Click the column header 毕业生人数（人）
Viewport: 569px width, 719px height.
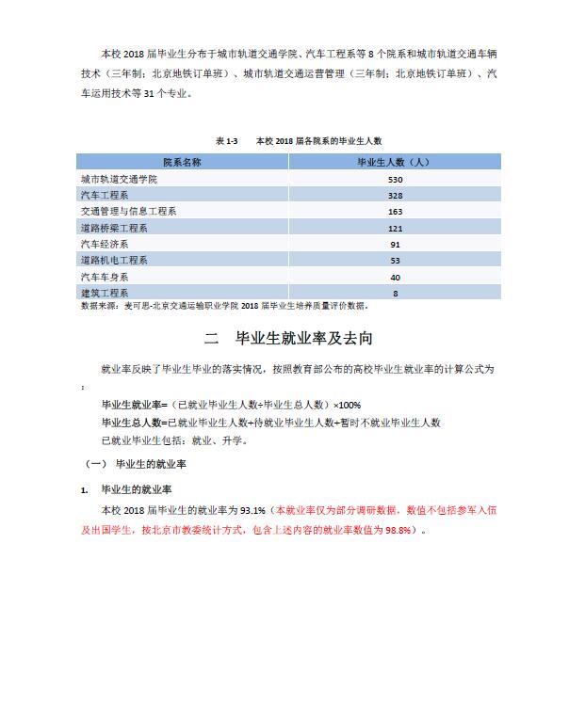[395, 162]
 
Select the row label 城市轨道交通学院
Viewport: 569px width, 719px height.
[118, 179]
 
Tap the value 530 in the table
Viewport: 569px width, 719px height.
[395, 179]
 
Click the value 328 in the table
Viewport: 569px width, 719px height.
[395, 195]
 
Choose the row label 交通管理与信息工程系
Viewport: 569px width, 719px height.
[129, 212]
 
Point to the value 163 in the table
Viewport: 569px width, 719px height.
[395, 212]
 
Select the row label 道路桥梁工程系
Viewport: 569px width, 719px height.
[114, 228]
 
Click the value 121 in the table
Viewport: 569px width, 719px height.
[395, 228]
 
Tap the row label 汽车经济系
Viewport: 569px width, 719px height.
[105, 244]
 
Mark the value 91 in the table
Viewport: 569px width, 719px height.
[395, 244]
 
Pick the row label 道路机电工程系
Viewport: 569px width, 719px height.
[114, 260]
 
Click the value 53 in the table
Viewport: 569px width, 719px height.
[395, 260]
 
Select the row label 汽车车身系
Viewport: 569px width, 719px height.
[105, 277]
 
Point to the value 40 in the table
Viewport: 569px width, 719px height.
[395, 277]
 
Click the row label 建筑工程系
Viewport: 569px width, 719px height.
[105, 293]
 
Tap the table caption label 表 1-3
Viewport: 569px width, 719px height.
[227, 140]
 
